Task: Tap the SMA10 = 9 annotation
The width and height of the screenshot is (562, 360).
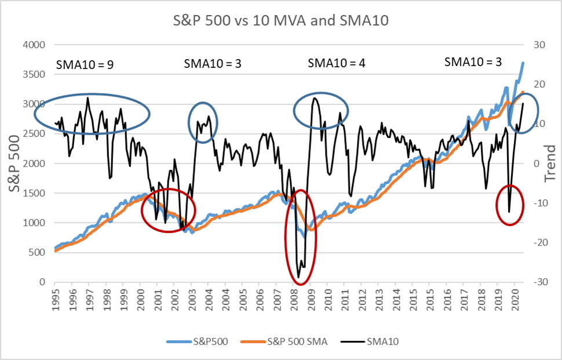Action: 84,64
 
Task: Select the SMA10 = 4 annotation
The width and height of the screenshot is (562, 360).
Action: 336,63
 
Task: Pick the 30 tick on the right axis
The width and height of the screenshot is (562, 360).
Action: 531,45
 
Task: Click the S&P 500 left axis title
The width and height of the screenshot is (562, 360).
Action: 13,163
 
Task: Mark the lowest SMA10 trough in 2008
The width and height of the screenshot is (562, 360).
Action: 298,277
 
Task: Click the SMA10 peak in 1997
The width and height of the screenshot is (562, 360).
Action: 87,97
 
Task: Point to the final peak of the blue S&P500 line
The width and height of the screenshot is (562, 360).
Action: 523,63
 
